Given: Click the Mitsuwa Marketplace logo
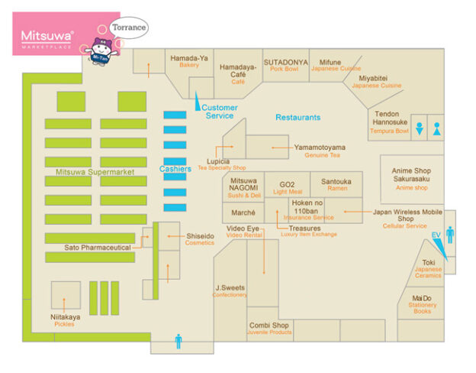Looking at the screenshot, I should [x=47, y=37].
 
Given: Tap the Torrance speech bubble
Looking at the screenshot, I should [x=127, y=27].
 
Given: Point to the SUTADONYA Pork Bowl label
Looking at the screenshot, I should [x=286, y=66].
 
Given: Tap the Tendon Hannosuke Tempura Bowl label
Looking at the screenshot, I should [x=391, y=122].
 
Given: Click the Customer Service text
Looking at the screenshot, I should [x=220, y=112].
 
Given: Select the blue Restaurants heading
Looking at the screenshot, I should [x=298, y=117].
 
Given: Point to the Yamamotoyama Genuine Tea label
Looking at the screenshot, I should [x=320, y=151].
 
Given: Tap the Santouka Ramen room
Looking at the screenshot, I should [x=336, y=184].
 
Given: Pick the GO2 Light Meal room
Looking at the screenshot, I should [x=288, y=187].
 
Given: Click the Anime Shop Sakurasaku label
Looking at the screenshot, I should [x=411, y=178].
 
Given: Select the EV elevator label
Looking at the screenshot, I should [x=436, y=235].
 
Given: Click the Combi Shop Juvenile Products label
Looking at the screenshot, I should [x=269, y=329].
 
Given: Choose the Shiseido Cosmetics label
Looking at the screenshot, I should [x=200, y=238].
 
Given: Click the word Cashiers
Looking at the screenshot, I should [x=175, y=168].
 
